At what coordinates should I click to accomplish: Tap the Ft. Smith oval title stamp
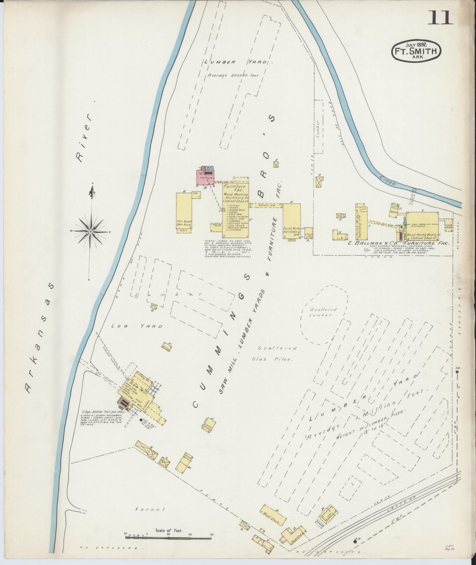tap(416, 51)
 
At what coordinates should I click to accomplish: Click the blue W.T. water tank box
tap(210, 168)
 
